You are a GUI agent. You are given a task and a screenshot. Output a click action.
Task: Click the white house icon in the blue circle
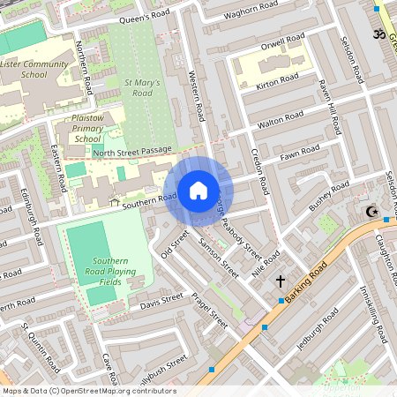[198, 190]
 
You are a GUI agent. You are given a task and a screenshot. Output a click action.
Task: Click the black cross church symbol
[281, 281]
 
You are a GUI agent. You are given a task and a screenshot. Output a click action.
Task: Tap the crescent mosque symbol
[371, 212]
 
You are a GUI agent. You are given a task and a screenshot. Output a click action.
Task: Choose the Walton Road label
[281, 124]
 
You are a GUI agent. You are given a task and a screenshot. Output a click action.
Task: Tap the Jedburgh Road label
[318, 331]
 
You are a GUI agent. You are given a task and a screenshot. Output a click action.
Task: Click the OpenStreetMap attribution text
[88, 391]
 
